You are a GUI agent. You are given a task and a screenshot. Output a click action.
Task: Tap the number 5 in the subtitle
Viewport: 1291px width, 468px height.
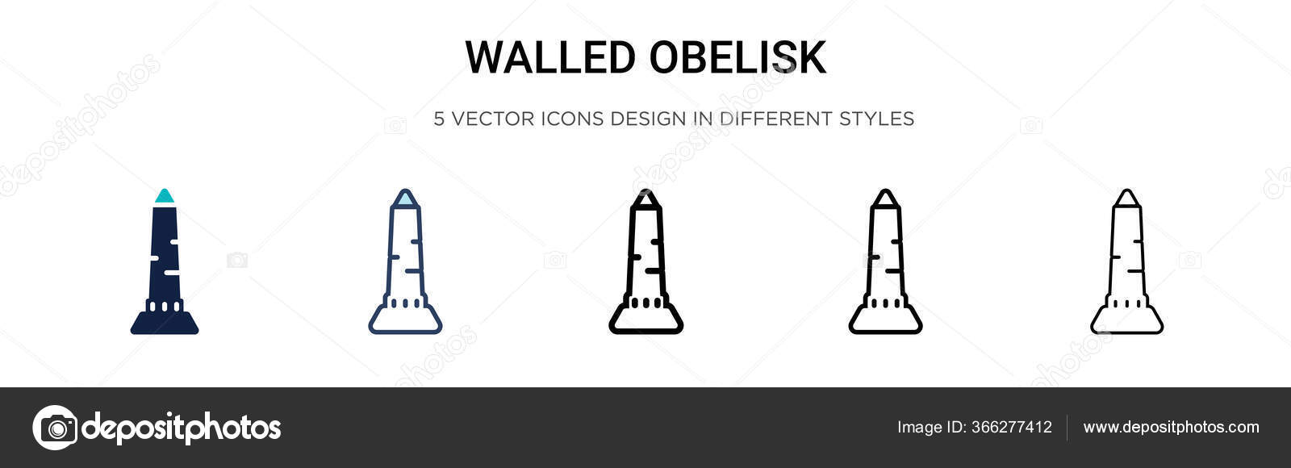pyautogui.click(x=439, y=119)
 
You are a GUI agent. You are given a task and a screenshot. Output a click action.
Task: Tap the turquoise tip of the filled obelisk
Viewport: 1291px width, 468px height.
pyautogui.click(x=165, y=196)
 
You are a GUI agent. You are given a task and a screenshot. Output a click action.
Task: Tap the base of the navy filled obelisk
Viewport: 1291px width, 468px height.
pyautogui.click(x=165, y=323)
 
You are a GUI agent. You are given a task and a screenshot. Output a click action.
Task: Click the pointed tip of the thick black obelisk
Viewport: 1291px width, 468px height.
pyautogui.click(x=645, y=196)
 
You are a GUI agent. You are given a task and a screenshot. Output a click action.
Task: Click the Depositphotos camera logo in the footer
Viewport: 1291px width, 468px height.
pyautogui.click(x=55, y=427)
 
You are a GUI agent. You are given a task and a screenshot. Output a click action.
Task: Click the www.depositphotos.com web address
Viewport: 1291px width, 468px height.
pyautogui.click(x=1171, y=427)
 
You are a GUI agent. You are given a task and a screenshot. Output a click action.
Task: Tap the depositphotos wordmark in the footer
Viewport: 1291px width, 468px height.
pyautogui.click(x=182, y=428)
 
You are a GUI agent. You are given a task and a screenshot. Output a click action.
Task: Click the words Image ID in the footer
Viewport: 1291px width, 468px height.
pyautogui.click(x=930, y=427)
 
